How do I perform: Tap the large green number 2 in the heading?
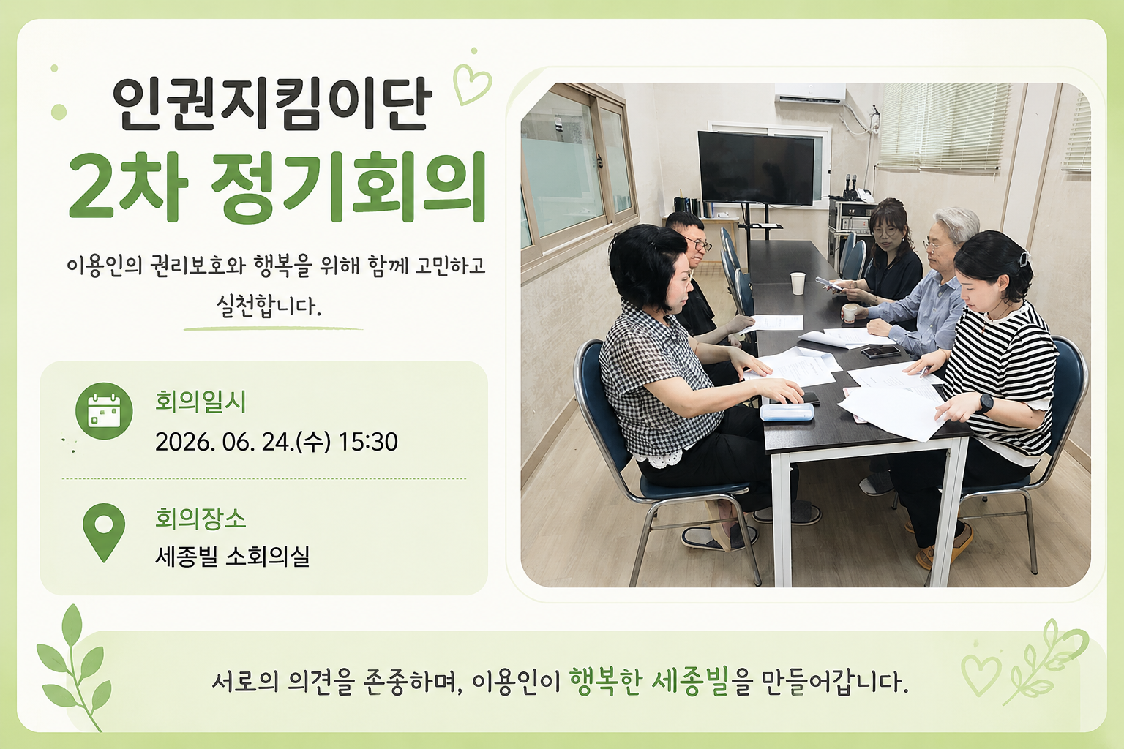(94, 188)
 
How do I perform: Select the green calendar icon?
(104, 411)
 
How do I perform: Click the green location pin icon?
(104, 532)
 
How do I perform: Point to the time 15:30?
(368, 442)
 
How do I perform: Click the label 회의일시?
(201, 402)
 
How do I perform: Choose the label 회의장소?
(201, 519)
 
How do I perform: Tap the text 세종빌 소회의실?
(232, 556)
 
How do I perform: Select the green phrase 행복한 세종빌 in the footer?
(649, 682)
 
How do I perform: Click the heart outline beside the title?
(472, 84)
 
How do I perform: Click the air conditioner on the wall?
(810, 93)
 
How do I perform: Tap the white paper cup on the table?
(798, 283)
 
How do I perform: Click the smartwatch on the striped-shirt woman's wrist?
(986, 403)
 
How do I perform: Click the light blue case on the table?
(787, 412)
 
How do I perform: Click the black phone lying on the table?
(880, 351)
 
